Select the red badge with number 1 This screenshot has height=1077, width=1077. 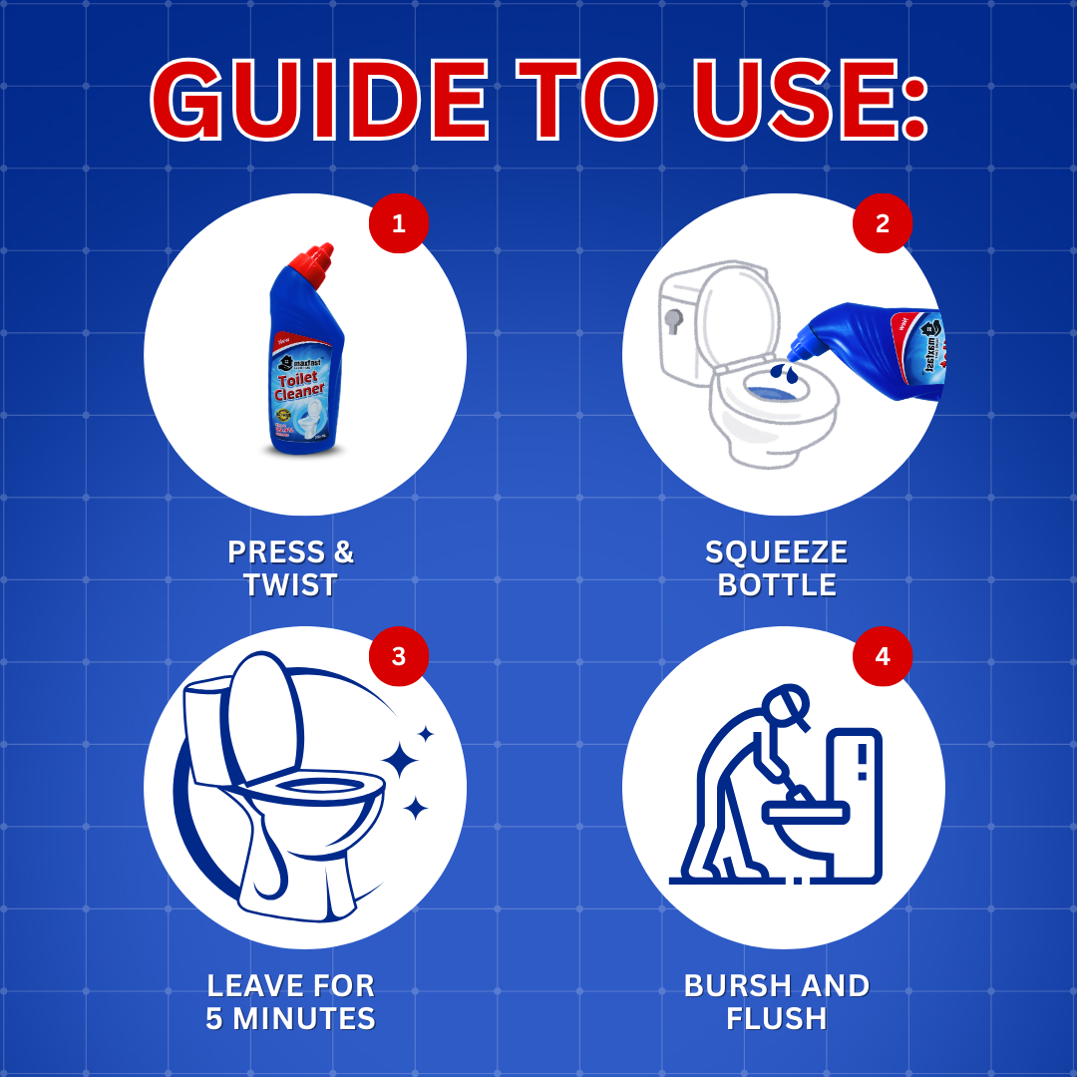click(399, 223)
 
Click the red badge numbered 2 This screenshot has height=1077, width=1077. click(882, 223)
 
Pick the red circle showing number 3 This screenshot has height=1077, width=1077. click(399, 656)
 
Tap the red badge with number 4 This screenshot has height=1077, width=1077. click(882, 656)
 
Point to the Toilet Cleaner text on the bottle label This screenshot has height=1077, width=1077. click(296, 385)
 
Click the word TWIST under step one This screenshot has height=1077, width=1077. click(290, 585)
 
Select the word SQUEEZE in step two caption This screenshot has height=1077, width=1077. click(776, 552)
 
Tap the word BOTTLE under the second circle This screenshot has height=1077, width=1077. click(776, 585)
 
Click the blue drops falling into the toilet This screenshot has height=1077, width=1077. click(785, 373)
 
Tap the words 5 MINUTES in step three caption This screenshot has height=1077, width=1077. click(290, 1019)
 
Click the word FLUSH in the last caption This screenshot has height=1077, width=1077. click(776, 1019)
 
